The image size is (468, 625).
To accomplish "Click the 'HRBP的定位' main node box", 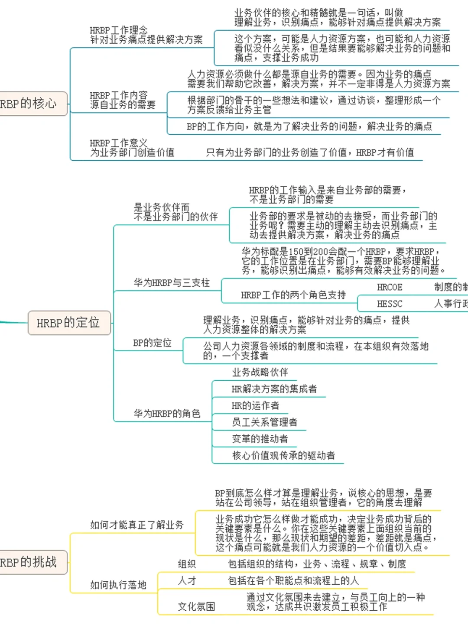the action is pyautogui.click(x=69, y=323).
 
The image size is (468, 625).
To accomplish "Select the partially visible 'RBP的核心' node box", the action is pyautogui.click(x=30, y=104).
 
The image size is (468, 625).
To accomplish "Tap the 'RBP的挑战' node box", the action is pyautogui.click(x=30, y=562).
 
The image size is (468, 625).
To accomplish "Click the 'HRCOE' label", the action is pyautogui.click(x=389, y=287).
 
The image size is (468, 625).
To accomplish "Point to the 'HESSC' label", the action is pyautogui.click(x=389, y=304).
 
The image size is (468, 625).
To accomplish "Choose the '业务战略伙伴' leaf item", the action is pyautogui.click(x=260, y=372).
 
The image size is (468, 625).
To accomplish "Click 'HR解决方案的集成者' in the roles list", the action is pyautogui.click(x=274, y=389).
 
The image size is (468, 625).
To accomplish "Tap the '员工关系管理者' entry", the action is pyautogui.click(x=264, y=422).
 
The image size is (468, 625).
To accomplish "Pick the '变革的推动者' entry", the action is pyautogui.click(x=260, y=439).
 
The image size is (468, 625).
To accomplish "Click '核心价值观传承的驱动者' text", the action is pyautogui.click(x=283, y=455).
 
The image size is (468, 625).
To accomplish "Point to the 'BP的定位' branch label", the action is pyautogui.click(x=152, y=343).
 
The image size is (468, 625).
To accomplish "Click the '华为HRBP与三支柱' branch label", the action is pyautogui.click(x=172, y=283).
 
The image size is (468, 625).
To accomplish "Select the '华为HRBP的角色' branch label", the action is pyautogui.click(x=167, y=414).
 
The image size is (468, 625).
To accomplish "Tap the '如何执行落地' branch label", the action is pyautogui.click(x=118, y=585).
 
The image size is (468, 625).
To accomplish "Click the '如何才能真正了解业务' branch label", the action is pyautogui.click(x=136, y=525).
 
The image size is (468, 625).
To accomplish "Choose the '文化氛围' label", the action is pyautogui.click(x=196, y=606).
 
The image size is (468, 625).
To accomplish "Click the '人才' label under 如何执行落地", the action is pyautogui.click(x=187, y=581).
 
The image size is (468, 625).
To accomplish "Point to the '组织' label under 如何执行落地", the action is pyautogui.click(x=187, y=564).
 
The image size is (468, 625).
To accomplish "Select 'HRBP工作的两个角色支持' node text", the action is pyautogui.click(x=293, y=295).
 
